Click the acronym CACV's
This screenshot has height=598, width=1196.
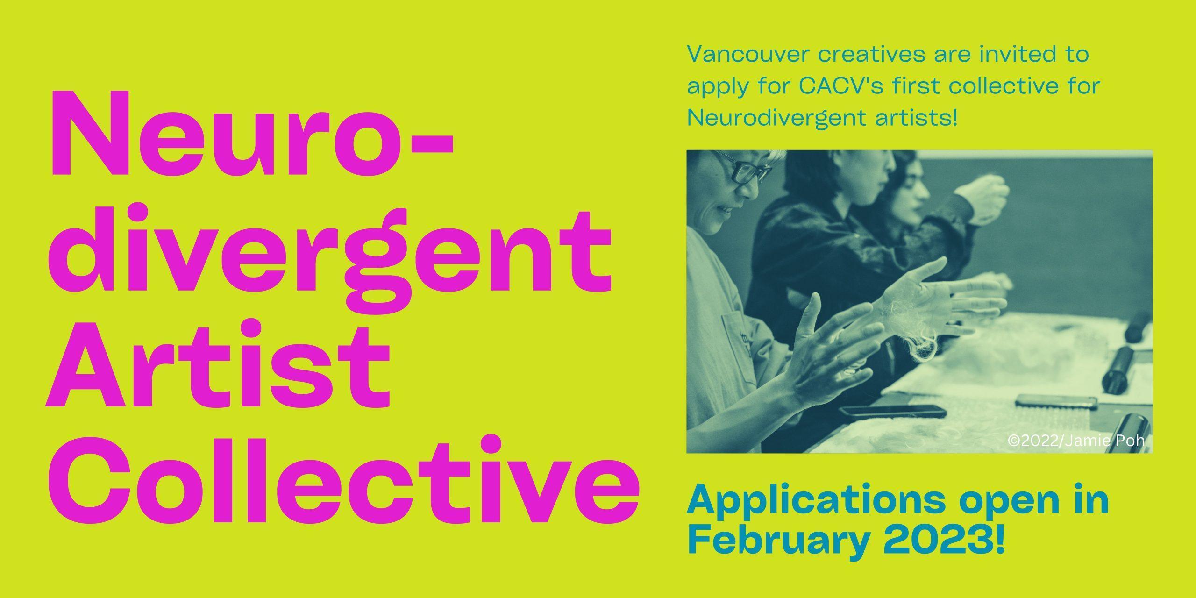878,87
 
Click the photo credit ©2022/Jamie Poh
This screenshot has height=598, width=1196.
1075,441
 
